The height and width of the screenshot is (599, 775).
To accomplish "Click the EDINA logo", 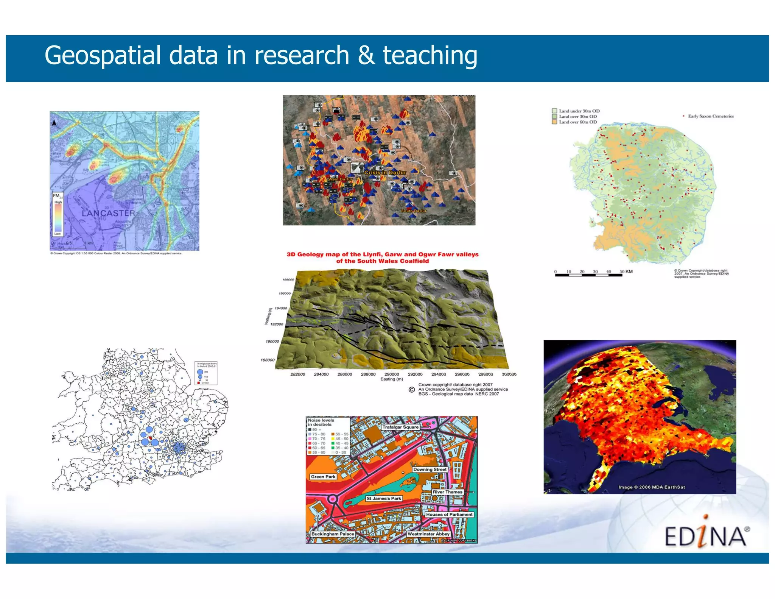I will point(706,535).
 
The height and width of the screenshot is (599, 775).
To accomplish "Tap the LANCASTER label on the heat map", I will point(108,213).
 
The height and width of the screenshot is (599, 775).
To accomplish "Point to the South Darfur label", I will point(413,211).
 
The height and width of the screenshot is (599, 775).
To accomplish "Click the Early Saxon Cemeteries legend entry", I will point(710,116).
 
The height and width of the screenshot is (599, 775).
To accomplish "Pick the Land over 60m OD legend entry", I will point(577,122).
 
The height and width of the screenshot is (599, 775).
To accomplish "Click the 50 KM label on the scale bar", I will point(626,271).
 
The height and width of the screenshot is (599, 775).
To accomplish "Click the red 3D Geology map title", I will point(382,257).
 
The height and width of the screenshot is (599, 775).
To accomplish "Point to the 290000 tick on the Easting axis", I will point(391,374).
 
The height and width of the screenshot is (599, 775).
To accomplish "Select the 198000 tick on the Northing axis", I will point(288,279).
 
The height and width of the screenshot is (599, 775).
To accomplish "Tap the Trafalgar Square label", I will point(400,427).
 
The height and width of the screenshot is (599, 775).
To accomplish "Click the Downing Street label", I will point(430,469).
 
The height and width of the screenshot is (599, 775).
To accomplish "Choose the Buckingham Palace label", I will point(332,534).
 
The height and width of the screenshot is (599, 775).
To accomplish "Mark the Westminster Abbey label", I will point(428,534).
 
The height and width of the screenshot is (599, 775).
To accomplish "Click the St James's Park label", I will point(383,498).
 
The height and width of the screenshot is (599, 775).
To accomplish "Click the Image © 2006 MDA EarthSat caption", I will point(651,487).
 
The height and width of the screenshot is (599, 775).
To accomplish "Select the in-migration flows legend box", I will point(206,373).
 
